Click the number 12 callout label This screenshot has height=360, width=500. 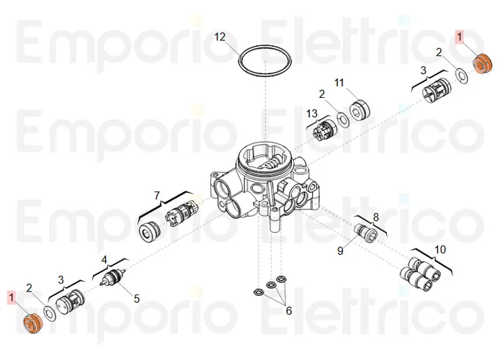(220, 37)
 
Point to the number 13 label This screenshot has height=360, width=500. (311, 114)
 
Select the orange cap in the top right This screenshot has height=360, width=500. (481, 63)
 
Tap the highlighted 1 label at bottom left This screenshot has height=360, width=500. (11, 297)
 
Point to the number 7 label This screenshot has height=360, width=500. (156, 195)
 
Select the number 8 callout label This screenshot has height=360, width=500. (375, 216)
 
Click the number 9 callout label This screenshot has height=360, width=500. (341, 250)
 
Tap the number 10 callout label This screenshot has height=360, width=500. (440, 249)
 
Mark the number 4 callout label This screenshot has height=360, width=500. (104, 259)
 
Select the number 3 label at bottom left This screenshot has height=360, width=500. (61, 279)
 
